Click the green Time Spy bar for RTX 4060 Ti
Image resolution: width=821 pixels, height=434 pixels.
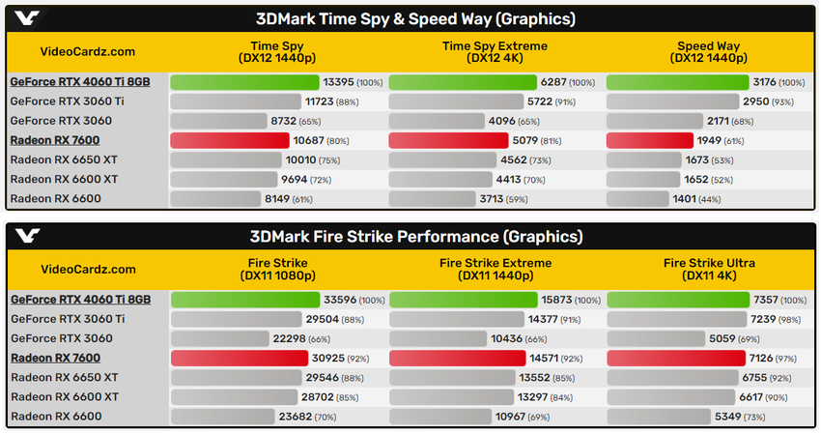coord(245,82)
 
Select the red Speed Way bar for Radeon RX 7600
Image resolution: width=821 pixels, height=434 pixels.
coord(649,140)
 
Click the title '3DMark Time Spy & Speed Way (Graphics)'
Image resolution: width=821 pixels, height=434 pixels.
coord(415,18)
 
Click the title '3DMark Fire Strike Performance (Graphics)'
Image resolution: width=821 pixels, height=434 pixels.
coord(415,237)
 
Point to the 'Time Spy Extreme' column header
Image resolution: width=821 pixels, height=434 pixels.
coord(495,52)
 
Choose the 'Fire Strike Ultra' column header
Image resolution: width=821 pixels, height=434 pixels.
coord(708,269)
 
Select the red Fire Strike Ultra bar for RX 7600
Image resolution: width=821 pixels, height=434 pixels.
coord(675,358)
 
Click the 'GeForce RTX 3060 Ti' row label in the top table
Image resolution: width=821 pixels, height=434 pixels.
coord(67,101)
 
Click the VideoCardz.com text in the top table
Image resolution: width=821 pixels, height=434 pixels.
coord(87,52)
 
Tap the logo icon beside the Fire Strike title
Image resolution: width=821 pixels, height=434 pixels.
coord(28,237)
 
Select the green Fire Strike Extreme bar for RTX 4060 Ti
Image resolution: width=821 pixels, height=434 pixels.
coord(463,300)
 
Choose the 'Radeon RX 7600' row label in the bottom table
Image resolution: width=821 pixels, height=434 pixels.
coord(55,358)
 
